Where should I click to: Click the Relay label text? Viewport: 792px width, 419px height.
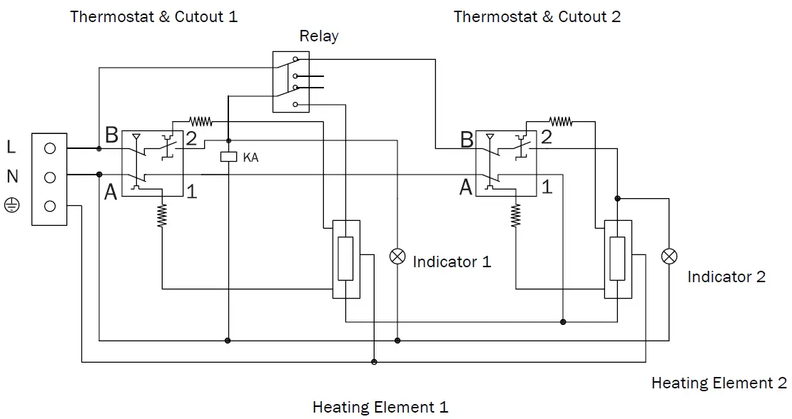(x=318, y=36)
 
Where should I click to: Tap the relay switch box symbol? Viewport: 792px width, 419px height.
(x=293, y=81)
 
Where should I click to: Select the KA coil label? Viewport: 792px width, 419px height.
(x=250, y=157)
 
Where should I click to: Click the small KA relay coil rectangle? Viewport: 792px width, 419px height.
(x=228, y=157)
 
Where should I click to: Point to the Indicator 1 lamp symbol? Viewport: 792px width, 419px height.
(x=397, y=257)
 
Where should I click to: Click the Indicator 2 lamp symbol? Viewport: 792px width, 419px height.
(x=669, y=257)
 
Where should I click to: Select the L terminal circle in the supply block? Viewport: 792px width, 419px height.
(x=50, y=149)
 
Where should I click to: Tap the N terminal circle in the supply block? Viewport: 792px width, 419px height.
(x=50, y=177)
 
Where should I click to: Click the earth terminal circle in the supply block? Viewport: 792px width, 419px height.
(x=50, y=206)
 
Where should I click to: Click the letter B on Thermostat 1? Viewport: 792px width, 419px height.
(x=111, y=135)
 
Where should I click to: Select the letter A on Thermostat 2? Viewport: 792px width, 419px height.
(x=466, y=188)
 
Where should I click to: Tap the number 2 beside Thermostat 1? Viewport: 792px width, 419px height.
(x=191, y=139)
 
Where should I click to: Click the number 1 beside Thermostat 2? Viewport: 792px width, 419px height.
(x=547, y=188)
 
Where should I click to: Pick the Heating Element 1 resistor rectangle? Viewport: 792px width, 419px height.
(x=346, y=258)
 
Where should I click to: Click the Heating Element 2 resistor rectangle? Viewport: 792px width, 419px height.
(x=617, y=258)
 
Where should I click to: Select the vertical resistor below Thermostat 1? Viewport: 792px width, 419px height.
(x=162, y=214)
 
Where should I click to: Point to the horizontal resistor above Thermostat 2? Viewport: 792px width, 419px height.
(x=561, y=122)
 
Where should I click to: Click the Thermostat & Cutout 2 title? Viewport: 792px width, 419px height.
(x=537, y=16)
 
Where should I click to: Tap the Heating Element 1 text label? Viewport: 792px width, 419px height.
(x=380, y=408)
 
